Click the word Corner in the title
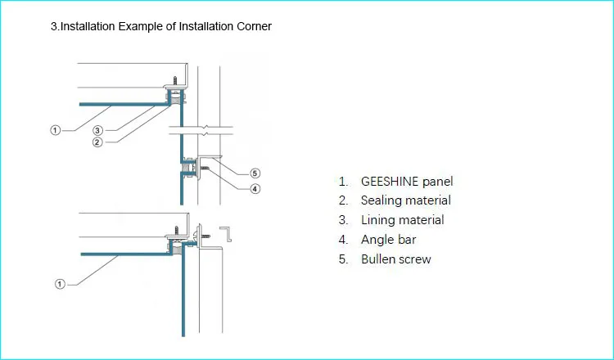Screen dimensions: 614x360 coord(254,27)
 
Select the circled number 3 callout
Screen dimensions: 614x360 coord(98,130)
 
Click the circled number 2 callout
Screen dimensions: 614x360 coord(97,142)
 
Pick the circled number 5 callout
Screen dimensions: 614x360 coord(255,173)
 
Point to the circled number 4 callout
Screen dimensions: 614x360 coord(255,189)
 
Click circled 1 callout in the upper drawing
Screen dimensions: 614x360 coord(56,130)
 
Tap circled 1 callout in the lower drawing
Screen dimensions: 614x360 coord(60,284)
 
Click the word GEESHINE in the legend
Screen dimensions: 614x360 coord(390,181)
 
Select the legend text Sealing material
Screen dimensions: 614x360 coord(406,200)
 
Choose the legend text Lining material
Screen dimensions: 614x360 coord(403,220)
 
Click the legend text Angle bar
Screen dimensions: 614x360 coord(388,240)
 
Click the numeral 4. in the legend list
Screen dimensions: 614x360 coord(343,240)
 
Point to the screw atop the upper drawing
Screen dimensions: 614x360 coord(175,81)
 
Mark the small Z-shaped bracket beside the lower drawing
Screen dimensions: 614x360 coord(226,234)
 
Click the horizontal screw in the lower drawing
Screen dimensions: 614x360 coord(205,236)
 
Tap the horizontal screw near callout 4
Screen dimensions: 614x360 coord(204,168)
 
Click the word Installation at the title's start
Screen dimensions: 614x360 coord(83,27)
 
